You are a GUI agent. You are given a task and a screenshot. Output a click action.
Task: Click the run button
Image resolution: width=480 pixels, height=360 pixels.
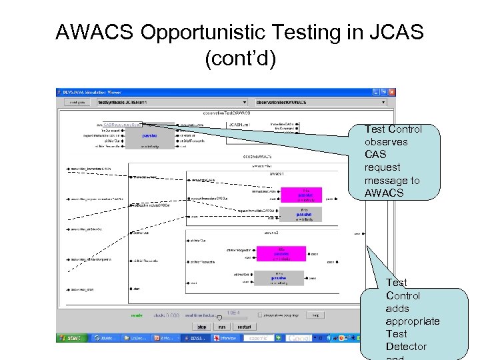tap(222, 327)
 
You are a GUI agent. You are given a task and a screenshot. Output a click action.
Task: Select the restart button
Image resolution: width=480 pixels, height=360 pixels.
tap(243, 327)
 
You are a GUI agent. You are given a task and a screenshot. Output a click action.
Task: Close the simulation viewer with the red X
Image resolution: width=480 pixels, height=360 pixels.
tap(393, 92)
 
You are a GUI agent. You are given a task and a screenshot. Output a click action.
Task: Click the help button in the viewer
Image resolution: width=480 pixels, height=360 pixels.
tap(317, 315)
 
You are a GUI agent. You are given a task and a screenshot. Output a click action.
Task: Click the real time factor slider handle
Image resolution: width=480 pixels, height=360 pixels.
tap(219, 317)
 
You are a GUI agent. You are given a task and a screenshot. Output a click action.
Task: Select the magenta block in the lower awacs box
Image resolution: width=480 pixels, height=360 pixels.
tap(281, 254)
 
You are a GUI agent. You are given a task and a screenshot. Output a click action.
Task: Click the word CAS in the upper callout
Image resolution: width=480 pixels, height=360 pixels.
tap(375, 155)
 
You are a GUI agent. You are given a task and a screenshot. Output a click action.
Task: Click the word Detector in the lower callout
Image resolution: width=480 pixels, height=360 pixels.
tap(405, 347)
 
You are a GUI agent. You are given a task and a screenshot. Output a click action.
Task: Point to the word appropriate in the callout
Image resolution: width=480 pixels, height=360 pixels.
tap(413, 321)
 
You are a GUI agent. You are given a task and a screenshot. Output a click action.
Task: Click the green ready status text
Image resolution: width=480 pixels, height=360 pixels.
tap(137, 315)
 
